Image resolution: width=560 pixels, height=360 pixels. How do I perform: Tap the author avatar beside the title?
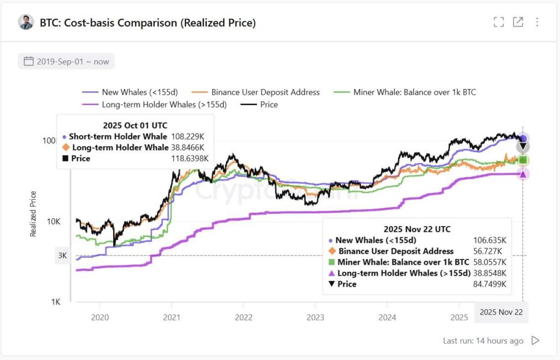tap(26, 22)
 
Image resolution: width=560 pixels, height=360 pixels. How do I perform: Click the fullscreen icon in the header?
tap(498, 22)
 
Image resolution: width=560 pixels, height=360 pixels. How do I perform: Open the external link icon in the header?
tap(517, 22)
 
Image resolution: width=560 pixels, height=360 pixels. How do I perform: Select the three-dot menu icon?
tap(537, 22)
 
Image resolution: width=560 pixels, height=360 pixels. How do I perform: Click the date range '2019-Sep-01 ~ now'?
tap(66, 61)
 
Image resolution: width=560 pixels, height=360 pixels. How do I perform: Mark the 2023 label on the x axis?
tap(315, 317)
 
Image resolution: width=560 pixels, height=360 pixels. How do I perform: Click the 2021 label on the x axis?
tap(172, 317)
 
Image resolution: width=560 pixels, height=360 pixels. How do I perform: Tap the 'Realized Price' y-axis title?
tap(33, 213)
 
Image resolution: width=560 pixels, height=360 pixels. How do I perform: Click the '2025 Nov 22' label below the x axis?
tap(501, 312)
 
